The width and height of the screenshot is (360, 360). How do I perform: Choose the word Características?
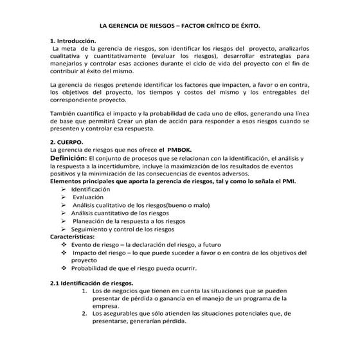pos(72,237)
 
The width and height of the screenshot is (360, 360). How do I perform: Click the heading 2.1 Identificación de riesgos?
pos(92,283)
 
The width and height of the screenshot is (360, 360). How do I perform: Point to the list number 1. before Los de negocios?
pos(85,291)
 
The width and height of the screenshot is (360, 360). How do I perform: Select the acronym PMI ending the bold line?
pos(289,181)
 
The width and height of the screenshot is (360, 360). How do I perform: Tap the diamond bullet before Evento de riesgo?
pos(63,245)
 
